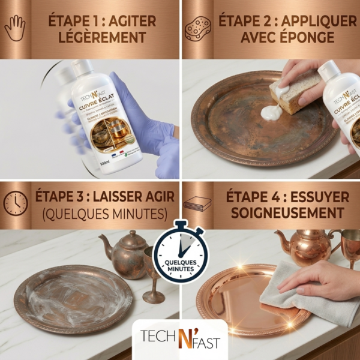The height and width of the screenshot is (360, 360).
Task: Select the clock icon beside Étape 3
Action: point(16,203)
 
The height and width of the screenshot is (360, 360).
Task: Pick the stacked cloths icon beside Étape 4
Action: point(198,203)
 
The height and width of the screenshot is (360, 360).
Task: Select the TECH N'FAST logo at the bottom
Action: point(179,343)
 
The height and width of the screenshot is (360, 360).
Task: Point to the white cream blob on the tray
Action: point(271,112)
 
